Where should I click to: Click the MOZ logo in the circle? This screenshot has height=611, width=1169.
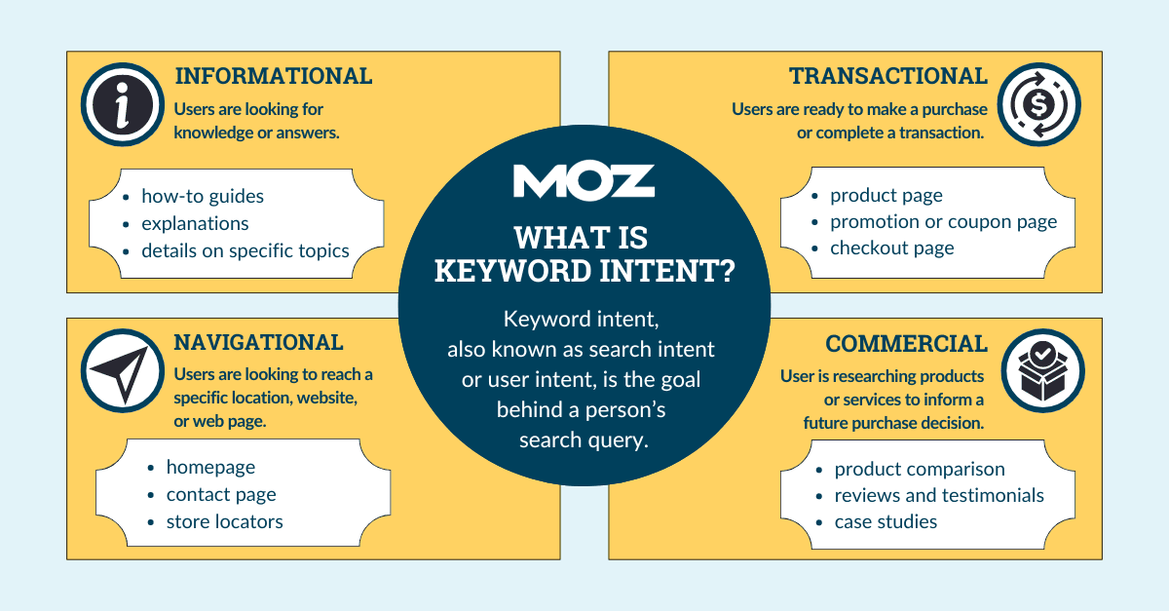tap(584, 181)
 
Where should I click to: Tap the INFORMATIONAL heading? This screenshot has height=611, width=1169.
tap(272, 76)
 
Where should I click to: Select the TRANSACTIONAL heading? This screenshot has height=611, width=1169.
tap(887, 76)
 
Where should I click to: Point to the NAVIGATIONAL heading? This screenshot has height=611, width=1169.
tap(258, 342)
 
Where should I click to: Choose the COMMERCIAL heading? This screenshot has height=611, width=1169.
tap(906, 344)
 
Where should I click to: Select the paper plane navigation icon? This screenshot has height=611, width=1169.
tap(121, 371)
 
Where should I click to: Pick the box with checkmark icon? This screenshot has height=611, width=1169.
tap(1039, 371)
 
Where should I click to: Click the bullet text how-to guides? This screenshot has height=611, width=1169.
tap(202, 196)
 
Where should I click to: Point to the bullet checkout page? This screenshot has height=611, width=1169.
tap(891, 248)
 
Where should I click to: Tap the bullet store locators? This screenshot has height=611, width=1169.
tap(224, 521)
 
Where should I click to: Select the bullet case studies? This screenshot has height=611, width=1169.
tap(885, 521)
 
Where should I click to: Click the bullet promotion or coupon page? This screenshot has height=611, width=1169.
tap(943, 221)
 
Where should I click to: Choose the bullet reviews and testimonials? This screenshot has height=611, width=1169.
tap(938, 495)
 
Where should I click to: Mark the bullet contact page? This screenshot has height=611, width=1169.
tap(221, 495)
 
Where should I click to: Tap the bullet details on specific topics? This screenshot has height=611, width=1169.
tap(245, 250)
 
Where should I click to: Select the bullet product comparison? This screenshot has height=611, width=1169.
tap(919, 469)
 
